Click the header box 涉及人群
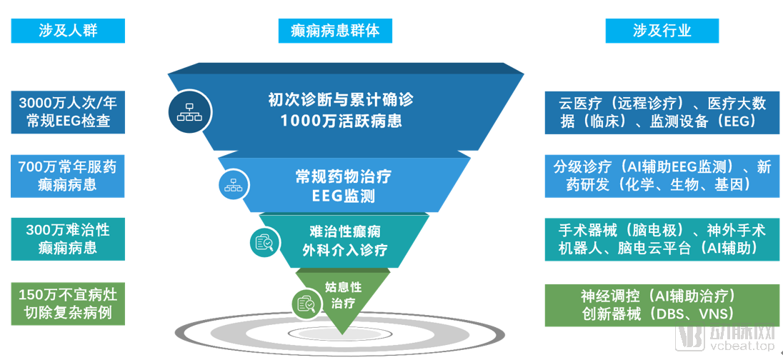point(68,31)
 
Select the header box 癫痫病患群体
point(335,31)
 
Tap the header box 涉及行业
point(662,31)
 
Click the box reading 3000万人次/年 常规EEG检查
point(68,112)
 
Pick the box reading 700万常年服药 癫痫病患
point(68,176)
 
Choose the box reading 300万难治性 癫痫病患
point(68,239)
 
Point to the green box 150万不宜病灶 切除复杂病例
point(68,304)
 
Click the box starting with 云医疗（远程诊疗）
point(662,112)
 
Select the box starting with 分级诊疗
point(662,176)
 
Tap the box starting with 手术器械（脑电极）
point(662,239)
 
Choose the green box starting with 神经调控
point(662,304)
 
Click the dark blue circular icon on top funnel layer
point(189,111)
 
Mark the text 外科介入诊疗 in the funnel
point(344,250)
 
